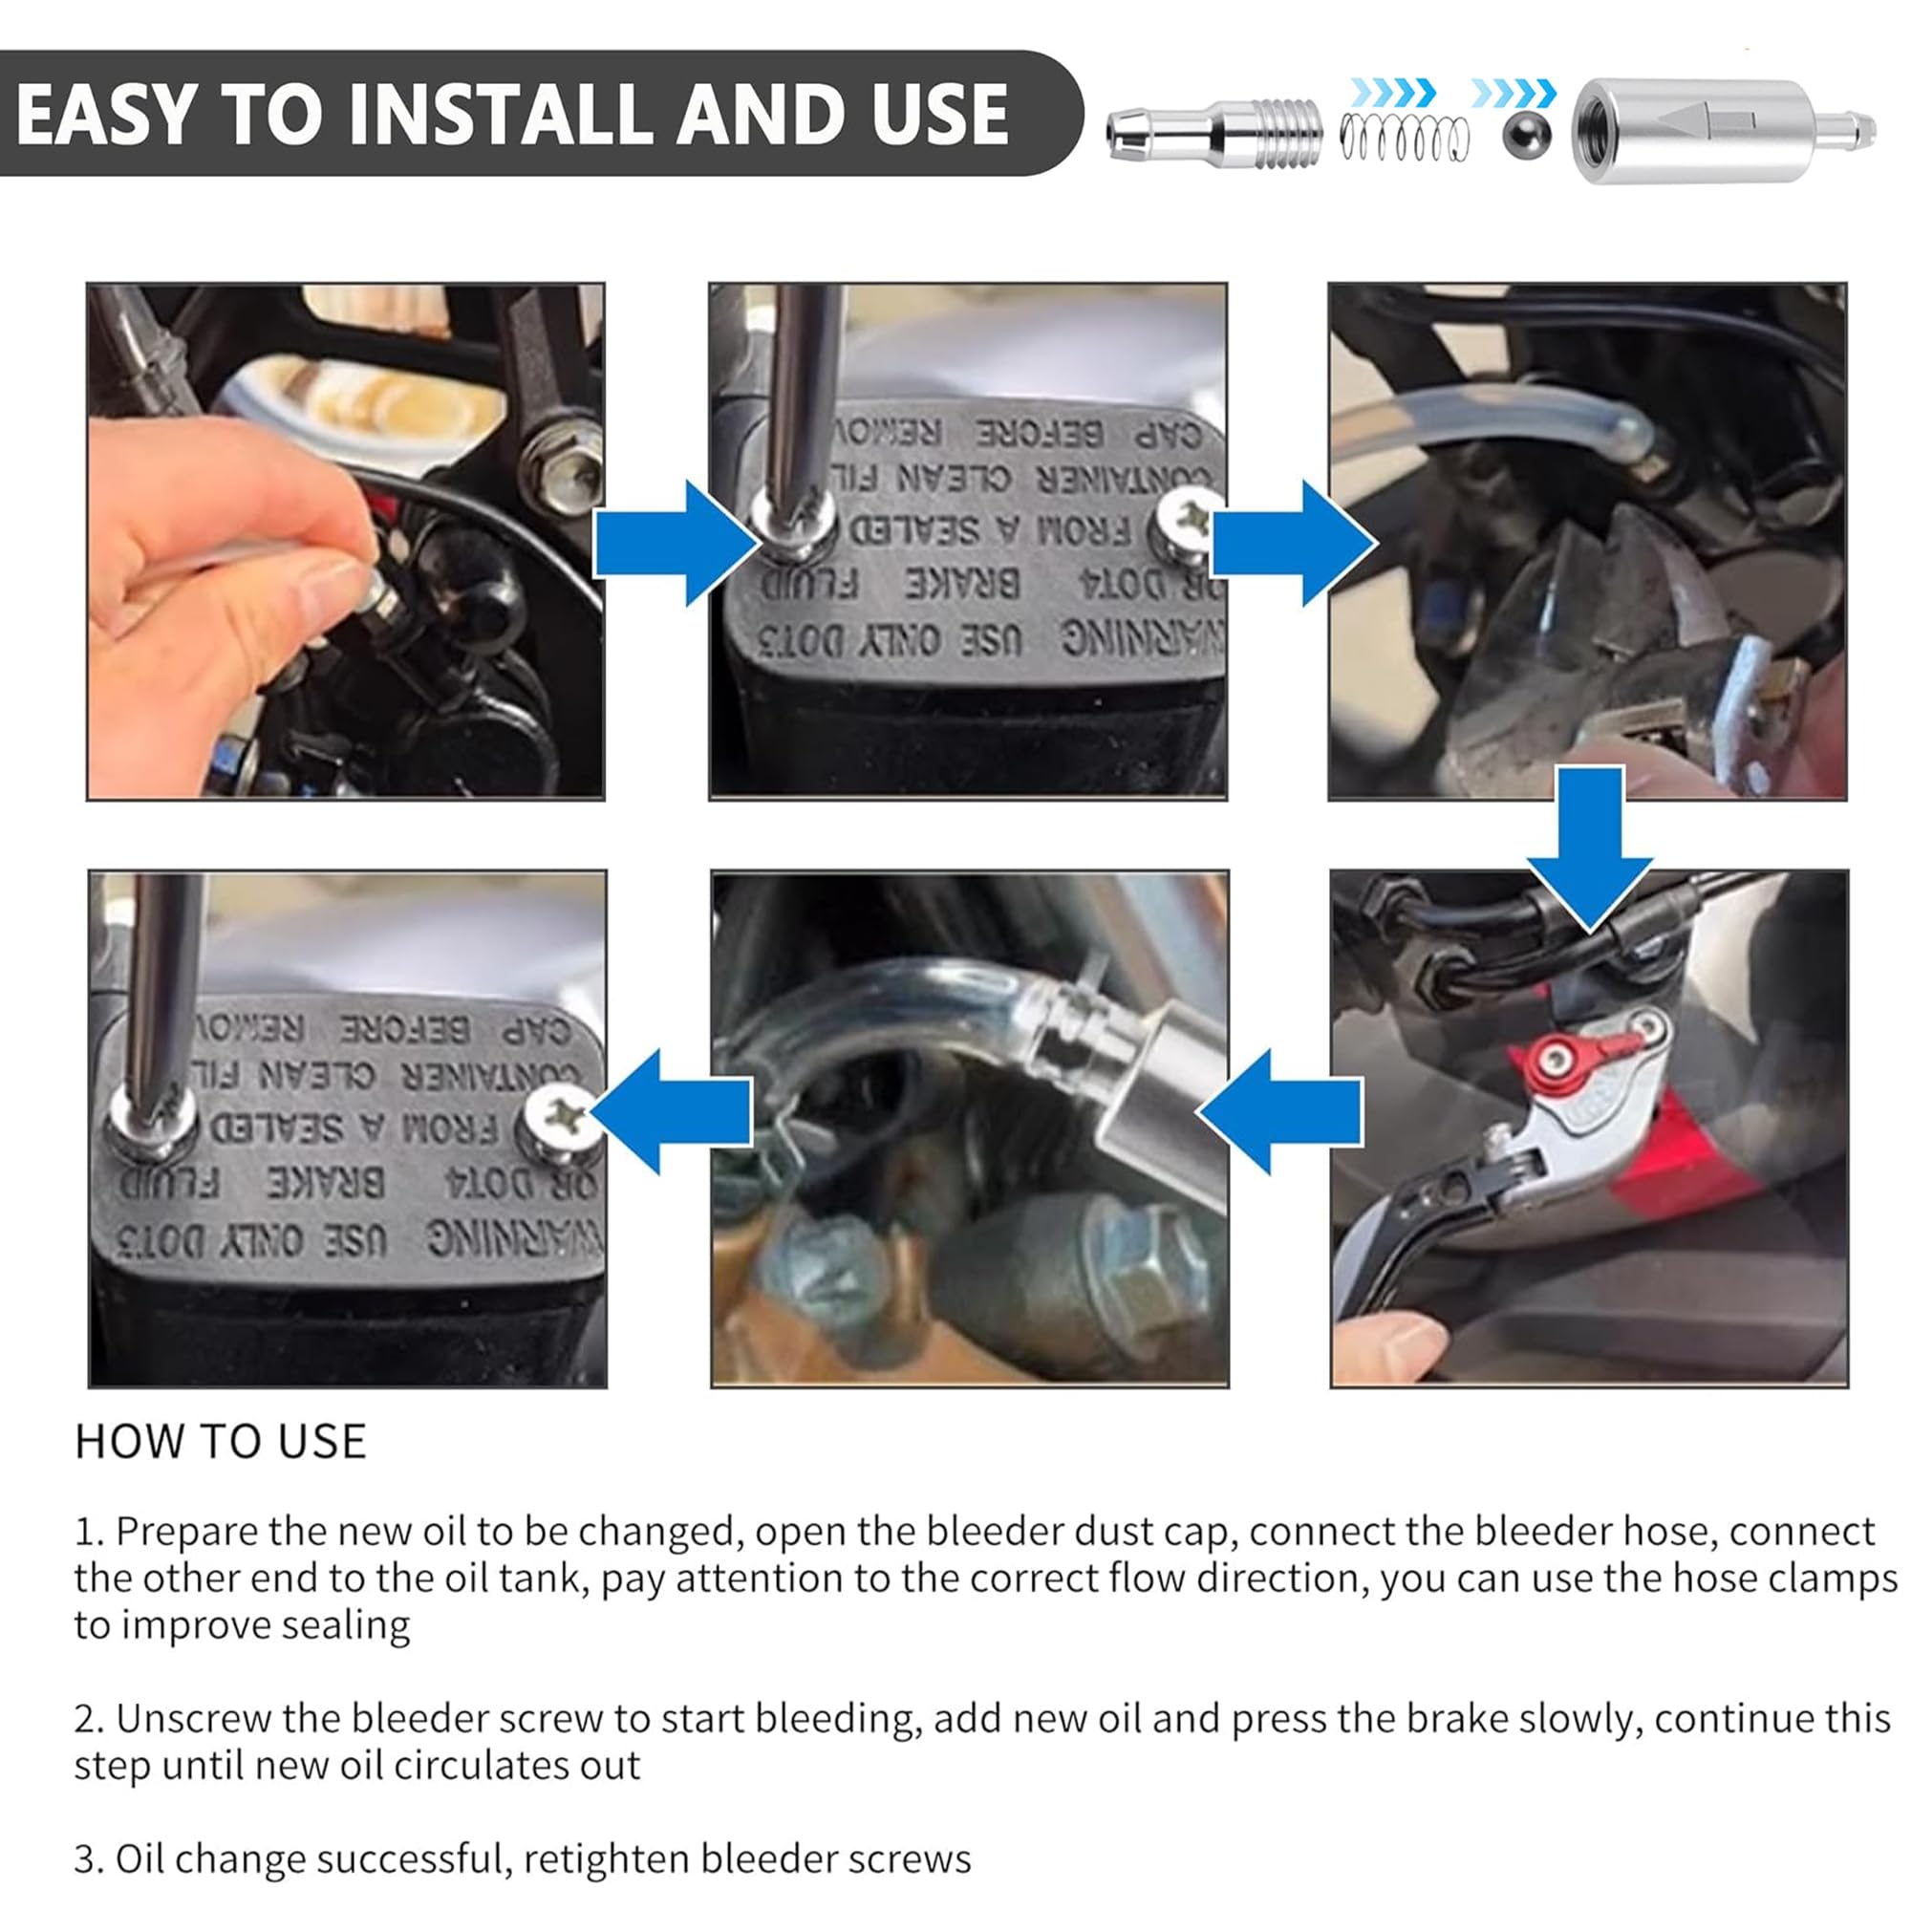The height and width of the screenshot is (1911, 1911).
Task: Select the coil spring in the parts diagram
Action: point(1404,138)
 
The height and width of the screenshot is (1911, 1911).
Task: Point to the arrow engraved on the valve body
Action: point(1704,120)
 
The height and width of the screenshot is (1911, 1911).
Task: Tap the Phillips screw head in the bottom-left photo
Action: point(564,1116)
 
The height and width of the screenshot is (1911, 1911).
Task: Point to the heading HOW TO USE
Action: point(221,1441)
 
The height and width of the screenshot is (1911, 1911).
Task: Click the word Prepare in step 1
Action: point(187,1533)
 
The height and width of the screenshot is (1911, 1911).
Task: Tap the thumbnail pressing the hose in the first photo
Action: point(332,588)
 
